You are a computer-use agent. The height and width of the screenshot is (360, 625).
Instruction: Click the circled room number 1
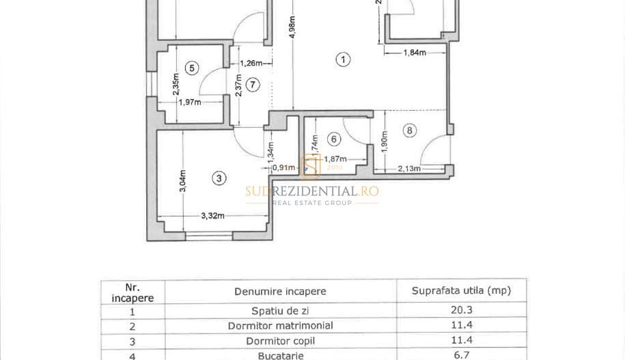[x=343, y=59]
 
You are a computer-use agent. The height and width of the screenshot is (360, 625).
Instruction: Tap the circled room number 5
[x=192, y=68]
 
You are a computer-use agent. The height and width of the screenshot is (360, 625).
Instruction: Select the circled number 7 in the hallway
[x=253, y=85]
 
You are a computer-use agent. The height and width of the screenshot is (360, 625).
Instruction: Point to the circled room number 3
[x=219, y=178]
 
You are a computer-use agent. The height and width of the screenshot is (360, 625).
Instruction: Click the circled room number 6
[x=334, y=139]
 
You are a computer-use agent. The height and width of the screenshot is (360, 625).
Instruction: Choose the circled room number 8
[x=409, y=130]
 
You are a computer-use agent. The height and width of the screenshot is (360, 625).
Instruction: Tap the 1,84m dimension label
[x=414, y=53]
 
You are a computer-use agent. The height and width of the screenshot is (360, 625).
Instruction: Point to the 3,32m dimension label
[x=213, y=216]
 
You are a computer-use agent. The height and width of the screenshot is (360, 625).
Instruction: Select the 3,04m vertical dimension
[x=183, y=180]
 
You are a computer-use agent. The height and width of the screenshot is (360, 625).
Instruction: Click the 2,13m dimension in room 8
[x=408, y=168]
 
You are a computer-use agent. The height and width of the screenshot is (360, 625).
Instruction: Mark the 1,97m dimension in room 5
[x=189, y=102]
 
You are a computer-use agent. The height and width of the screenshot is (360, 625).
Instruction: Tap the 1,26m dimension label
[x=250, y=64]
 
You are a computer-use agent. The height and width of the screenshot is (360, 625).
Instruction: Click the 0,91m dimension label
[x=283, y=168]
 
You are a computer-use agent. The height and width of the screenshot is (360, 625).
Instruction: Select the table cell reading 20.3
[x=461, y=309]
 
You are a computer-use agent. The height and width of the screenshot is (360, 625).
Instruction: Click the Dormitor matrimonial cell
[x=280, y=325]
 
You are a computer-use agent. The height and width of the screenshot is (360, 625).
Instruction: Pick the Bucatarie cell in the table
[x=280, y=355]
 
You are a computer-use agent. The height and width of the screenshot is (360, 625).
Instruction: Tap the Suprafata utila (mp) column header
[x=461, y=290]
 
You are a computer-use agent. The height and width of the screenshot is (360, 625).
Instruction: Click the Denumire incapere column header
[x=280, y=291]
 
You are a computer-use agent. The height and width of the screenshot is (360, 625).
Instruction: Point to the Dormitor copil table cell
[x=280, y=340]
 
